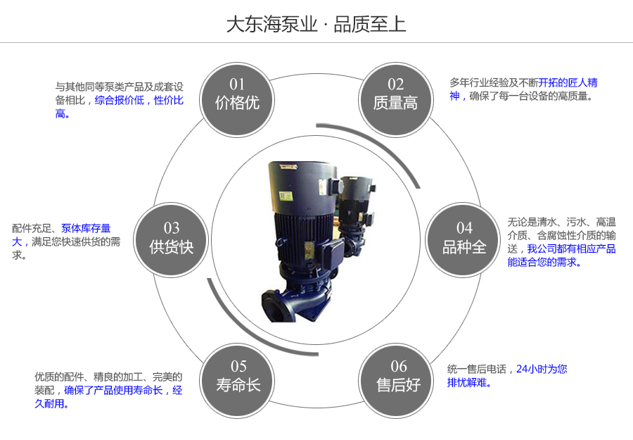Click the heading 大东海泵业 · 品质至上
click(x=316, y=24)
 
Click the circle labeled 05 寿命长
click(x=238, y=376)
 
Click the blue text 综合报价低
click(x=120, y=100)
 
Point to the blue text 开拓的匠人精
click(x=568, y=82)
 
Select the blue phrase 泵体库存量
click(x=86, y=228)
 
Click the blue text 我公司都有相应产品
click(x=571, y=249)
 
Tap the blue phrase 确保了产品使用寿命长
click(x=113, y=390)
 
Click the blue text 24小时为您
click(x=542, y=368)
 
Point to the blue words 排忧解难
click(x=468, y=383)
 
